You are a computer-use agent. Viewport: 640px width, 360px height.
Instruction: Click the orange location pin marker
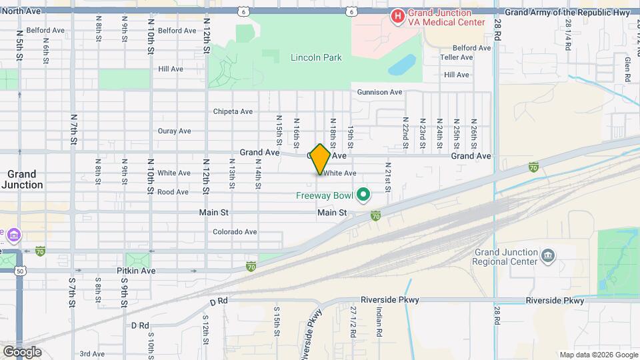pyautogui.click(x=320, y=159)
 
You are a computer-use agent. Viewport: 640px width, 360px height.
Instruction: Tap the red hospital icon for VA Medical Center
pyautogui.click(x=398, y=15)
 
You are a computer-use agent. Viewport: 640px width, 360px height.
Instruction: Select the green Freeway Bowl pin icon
pyautogui.click(x=363, y=195)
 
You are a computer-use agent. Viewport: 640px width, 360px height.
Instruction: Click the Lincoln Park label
pyautogui.click(x=316, y=58)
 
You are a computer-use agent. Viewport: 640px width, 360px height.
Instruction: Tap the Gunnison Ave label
pyautogui.click(x=379, y=92)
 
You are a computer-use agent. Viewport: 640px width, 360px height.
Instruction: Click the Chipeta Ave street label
pyautogui.click(x=233, y=111)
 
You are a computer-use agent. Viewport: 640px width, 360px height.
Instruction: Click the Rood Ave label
pyautogui.click(x=173, y=192)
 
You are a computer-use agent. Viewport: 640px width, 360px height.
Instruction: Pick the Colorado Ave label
pyautogui.click(x=235, y=232)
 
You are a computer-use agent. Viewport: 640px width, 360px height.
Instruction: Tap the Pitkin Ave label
pyautogui.click(x=138, y=271)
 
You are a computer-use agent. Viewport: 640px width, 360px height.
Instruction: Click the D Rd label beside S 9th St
pyautogui.click(x=140, y=325)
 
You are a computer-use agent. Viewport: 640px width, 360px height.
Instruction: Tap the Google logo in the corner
pyautogui.click(x=22, y=352)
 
